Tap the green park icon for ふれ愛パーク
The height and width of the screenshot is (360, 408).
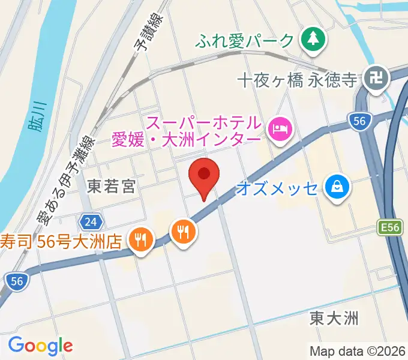pyautogui.click(x=312, y=40)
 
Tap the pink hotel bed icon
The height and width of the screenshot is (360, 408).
pyautogui.click(x=280, y=127)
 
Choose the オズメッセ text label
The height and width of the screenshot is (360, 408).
pyautogui.click(x=277, y=188)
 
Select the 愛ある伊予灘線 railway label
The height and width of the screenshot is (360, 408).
pyautogui.click(x=68, y=179)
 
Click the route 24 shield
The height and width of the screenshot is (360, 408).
pyautogui.click(x=91, y=223)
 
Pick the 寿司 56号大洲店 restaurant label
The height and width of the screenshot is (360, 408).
pyautogui.click(x=62, y=241)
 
